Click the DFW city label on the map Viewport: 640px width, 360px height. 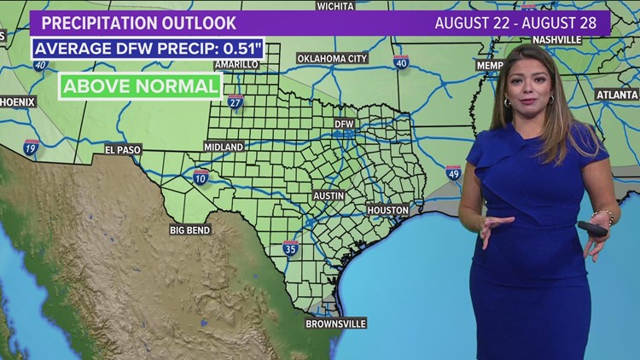pyautogui.click(x=343, y=124)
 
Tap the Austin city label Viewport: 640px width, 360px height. pyautogui.click(x=329, y=195)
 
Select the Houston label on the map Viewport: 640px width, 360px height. pyautogui.click(x=388, y=210)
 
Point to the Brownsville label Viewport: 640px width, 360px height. pyautogui.click(x=336, y=323)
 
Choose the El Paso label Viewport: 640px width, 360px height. pyautogui.click(x=123, y=149)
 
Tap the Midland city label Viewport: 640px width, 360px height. pyautogui.click(x=224, y=147)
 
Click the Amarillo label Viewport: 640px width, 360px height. pyautogui.click(x=236, y=64)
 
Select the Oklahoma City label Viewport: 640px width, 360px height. pyautogui.click(x=332, y=59)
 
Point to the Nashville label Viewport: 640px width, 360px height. pyautogui.click(x=556, y=39)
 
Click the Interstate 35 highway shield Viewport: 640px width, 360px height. pyautogui.click(x=291, y=248)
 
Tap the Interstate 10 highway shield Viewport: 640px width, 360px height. pyautogui.click(x=201, y=177)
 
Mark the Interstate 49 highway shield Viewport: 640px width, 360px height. pyautogui.click(x=452, y=173)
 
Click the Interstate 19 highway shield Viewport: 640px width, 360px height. pyautogui.click(x=32, y=147)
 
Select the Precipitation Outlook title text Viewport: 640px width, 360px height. pyautogui.click(x=138, y=23)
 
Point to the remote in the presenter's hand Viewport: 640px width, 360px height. pyautogui.click(x=592, y=229)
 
